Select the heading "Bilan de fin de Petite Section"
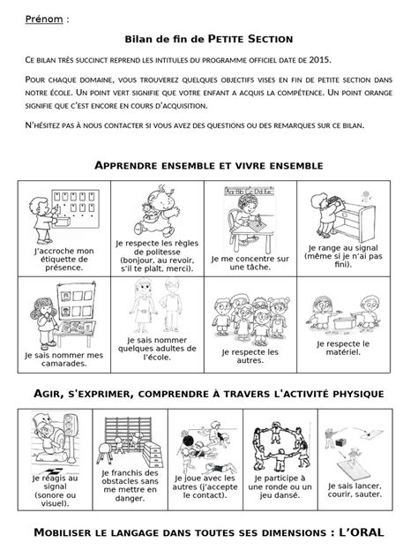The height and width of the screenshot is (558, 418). pos(208,39)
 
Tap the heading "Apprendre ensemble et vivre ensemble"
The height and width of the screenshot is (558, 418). pos(208,165)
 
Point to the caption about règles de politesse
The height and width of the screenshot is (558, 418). pos(151,256)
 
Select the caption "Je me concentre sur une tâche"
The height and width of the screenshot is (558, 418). pos(250,262)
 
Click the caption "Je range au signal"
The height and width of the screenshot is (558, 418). pos(346,256)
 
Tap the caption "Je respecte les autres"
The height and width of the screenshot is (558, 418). pos(250,357)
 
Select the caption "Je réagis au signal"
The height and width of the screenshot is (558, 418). pos(55,489)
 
